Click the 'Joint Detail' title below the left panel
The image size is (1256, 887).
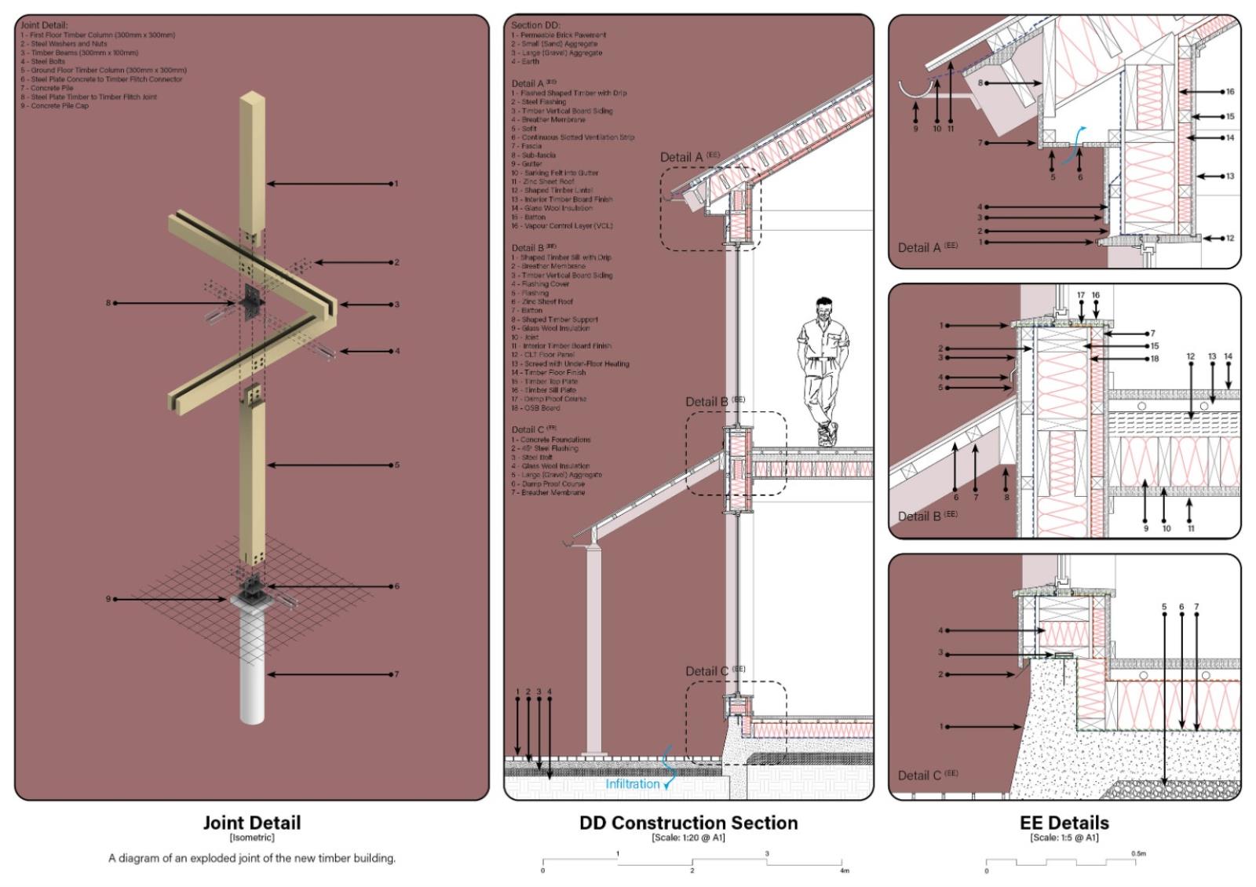(251, 823)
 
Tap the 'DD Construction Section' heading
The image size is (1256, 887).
(688, 823)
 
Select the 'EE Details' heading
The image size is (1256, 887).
(1064, 823)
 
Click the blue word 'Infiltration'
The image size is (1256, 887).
(632, 783)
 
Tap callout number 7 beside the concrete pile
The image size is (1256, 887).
(397, 673)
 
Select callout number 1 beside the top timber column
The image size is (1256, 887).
(396, 184)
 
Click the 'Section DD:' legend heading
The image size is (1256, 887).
(536, 25)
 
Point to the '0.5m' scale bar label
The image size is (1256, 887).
(1138, 852)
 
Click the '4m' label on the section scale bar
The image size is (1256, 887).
(844, 870)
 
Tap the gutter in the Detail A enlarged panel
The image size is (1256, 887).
(915, 90)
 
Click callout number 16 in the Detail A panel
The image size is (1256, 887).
(1230, 92)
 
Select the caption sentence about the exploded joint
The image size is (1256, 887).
(251, 858)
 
